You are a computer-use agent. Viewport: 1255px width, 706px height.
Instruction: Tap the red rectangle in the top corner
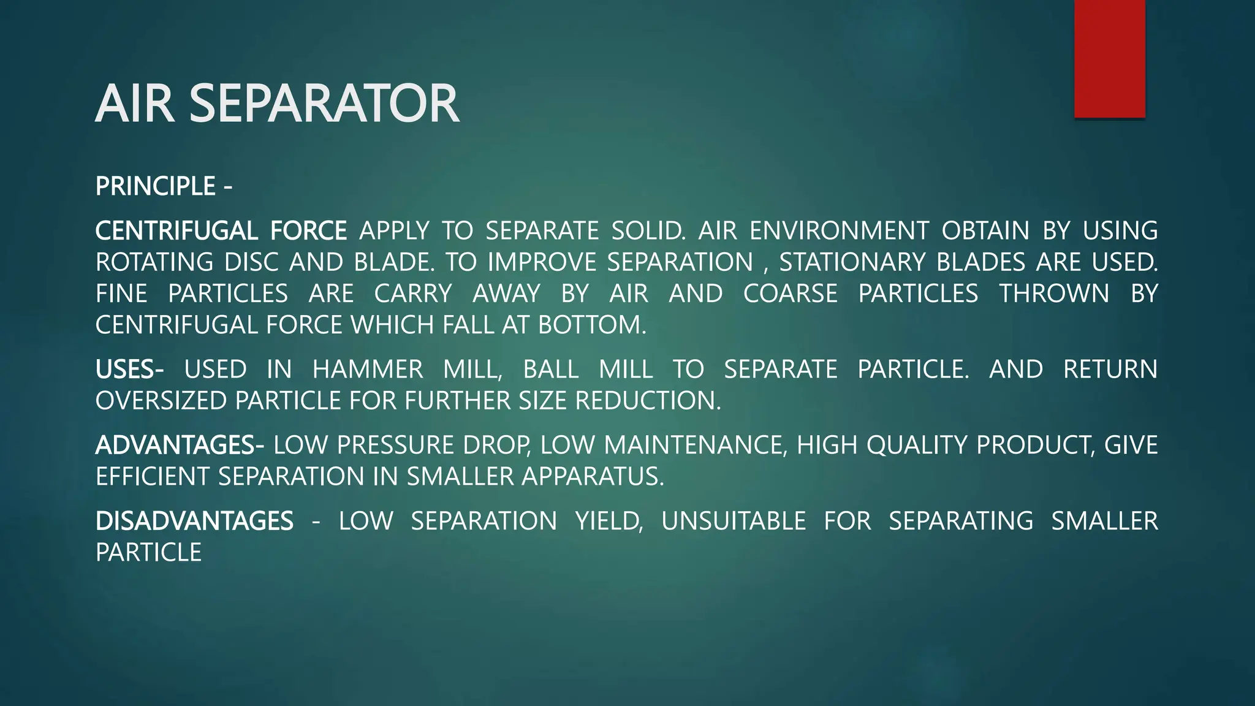coord(1109,58)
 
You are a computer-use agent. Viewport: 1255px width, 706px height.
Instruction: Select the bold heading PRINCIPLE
coord(156,186)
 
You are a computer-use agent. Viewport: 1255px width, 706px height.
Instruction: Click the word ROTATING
coord(154,262)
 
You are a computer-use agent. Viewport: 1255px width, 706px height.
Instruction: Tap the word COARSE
coord(790,294)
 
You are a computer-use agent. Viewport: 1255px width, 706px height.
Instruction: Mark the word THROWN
coord(1054,294)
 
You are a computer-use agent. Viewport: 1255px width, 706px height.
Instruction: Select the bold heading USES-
coord(129,370)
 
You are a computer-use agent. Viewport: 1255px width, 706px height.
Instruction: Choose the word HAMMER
coord(368,370)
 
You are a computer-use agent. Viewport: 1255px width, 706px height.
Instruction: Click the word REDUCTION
coord(648,401)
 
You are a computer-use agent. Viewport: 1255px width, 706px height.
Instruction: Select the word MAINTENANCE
coord(695,445)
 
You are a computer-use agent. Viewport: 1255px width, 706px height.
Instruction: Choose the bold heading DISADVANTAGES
coord(194,521)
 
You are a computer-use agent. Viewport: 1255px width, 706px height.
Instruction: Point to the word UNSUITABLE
coord(734,521)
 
